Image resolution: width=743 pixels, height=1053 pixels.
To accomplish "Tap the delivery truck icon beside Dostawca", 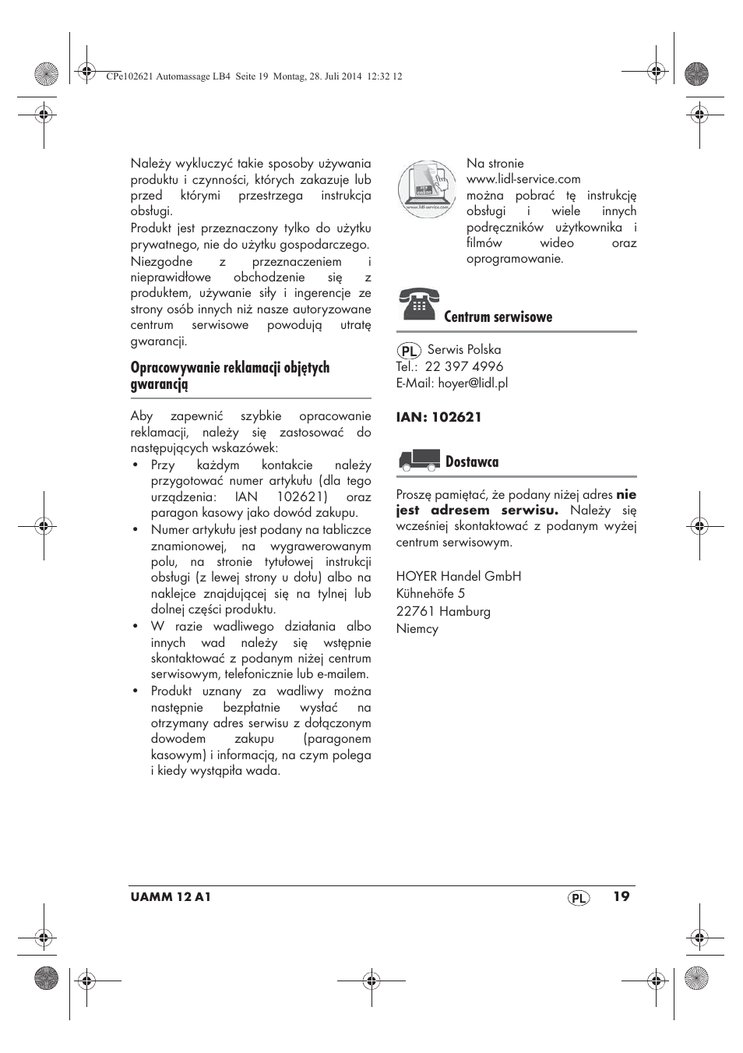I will (419, 461).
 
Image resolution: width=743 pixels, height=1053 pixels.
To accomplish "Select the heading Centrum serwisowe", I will (498, 316).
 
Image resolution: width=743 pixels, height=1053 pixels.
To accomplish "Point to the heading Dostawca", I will (472, 462).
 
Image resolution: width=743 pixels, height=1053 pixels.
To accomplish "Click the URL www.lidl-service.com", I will (523, 179).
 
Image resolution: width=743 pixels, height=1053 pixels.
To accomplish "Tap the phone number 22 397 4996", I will (464, 366).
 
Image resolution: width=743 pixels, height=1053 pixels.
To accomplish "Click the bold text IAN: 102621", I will (439, 417).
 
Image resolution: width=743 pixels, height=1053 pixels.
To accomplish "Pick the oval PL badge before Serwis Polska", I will (409, 351).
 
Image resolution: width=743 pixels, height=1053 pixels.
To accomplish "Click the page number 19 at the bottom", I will (621, 896).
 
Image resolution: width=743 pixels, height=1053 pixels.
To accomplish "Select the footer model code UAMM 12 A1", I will (171, 897).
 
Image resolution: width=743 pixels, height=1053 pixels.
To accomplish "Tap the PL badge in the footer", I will (578, 898).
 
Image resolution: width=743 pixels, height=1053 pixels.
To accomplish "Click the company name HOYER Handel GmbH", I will (459, 576).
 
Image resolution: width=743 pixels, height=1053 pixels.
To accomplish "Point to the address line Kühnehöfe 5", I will (431, 594).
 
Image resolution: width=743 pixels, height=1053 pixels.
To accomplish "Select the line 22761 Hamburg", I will (443, 612).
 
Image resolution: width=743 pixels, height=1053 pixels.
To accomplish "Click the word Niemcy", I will (417, 629).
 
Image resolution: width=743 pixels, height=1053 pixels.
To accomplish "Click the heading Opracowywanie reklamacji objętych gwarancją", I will (230, 376).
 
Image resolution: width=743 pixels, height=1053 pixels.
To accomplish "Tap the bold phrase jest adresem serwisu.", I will (477, 511).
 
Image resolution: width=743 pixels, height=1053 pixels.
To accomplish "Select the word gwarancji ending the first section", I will (159, 341).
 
